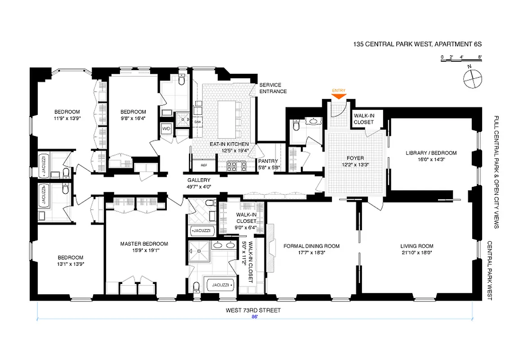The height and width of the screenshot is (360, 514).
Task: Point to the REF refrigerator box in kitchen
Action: coord(204,165)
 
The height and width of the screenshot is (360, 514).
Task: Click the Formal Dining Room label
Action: coord(311,246)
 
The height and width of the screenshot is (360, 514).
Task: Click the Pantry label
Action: coord(268,161)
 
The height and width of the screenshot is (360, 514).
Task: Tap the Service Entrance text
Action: coord(273,88)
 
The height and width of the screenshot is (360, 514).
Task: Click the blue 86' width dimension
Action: coord(255,317)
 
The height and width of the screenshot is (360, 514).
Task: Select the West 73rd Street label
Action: coord(255,310)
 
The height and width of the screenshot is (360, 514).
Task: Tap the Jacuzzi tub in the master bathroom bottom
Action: coord(220,285)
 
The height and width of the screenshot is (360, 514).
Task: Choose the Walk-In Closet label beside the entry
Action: coord(363,119)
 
